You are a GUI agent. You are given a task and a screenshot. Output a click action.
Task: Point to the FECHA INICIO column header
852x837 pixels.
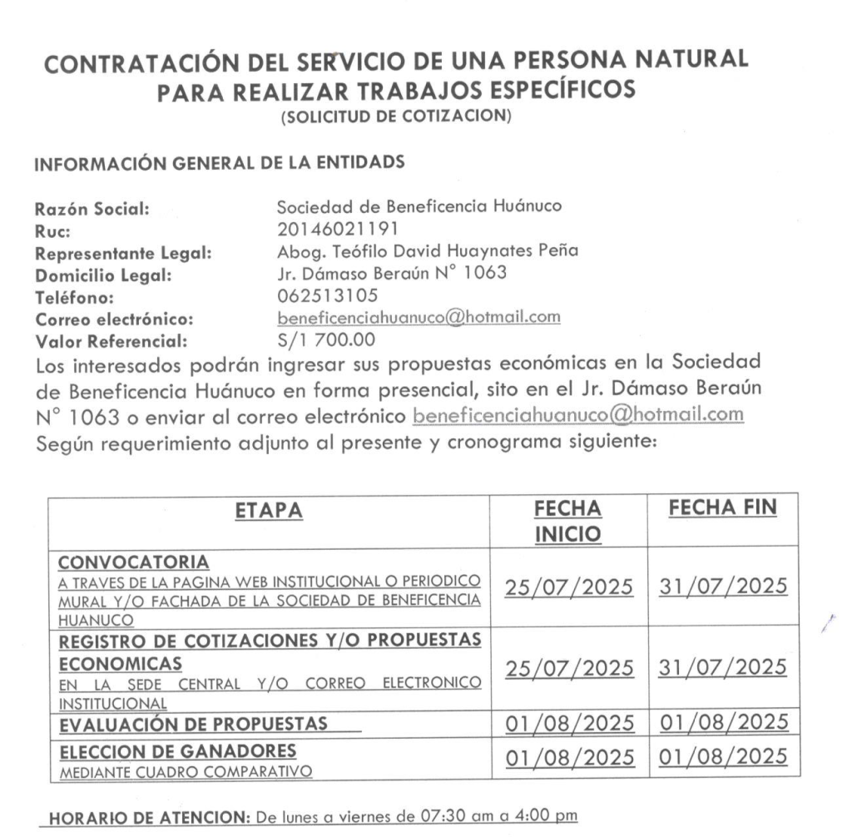click(x=568, y=522)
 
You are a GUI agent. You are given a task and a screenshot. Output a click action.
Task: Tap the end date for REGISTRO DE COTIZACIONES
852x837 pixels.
click(x=722, y=666)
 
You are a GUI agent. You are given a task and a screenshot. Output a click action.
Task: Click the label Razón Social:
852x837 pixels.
click(x=92, y=210)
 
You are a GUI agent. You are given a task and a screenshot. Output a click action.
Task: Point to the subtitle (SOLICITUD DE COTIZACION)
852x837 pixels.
click(x=395, y=118)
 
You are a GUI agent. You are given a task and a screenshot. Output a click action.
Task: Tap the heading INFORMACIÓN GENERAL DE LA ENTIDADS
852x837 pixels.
click(x=219, y=164)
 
